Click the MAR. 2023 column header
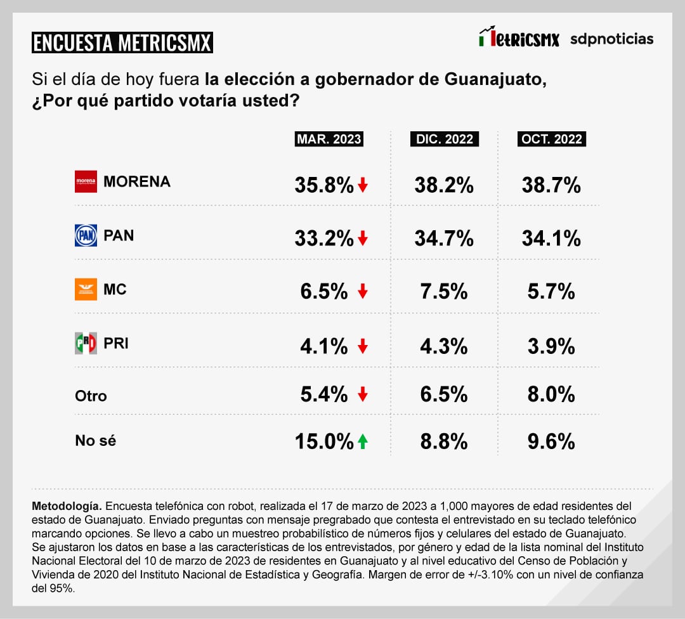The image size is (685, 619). (329, 140)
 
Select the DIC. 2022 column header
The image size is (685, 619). (445, 140)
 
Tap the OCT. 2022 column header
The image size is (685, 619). (552, 140)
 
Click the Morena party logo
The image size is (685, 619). (86, 182)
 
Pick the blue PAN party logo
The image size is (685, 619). (86, 235)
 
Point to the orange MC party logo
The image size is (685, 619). (86, 289)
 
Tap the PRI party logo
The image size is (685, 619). (86, 343)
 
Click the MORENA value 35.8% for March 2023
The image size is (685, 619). (323, 185)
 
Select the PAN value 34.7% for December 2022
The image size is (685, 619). (444, 238)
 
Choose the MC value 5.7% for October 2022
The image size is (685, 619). (551, 292)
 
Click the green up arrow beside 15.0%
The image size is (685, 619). (362, 441)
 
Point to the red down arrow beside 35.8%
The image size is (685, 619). (362, 185)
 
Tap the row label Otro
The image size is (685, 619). (91, 396)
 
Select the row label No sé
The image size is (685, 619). (95, 441)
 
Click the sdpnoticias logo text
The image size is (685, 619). (611, 39)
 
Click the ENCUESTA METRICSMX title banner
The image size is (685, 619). (122, 43)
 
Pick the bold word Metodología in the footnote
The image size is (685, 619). (66, 507)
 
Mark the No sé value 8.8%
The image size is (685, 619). (444, 441)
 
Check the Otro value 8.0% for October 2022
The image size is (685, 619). (551, 394)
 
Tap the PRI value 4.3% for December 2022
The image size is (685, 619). (444, 346)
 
